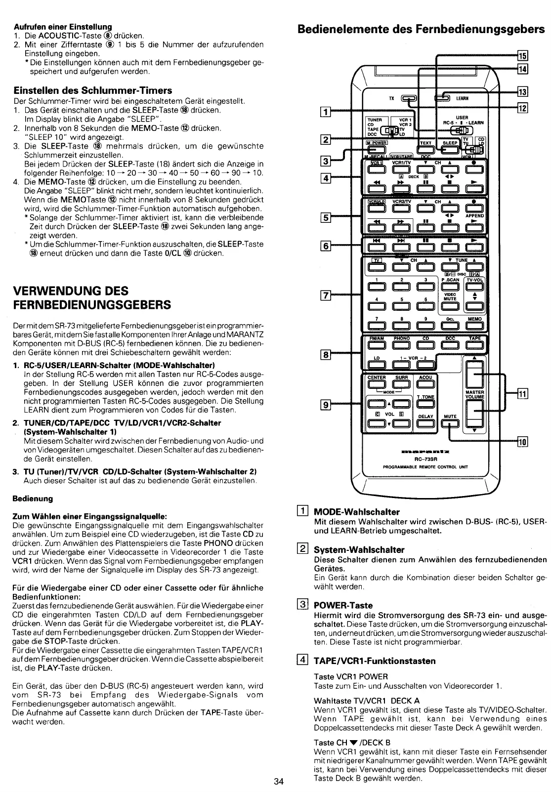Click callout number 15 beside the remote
click(x=522, y=55)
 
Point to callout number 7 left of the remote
click(x=325, y=296)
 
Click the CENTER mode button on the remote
click(x=377, y=383)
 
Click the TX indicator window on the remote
click(x=410, y=98)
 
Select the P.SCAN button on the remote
click(x=450, y=287)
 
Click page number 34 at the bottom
click(x=278, y=781)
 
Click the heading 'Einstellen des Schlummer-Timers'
click(x=92, y=90)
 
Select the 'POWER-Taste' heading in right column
click(x=343, y=605)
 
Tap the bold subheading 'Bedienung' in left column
click(x=32, y=498)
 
